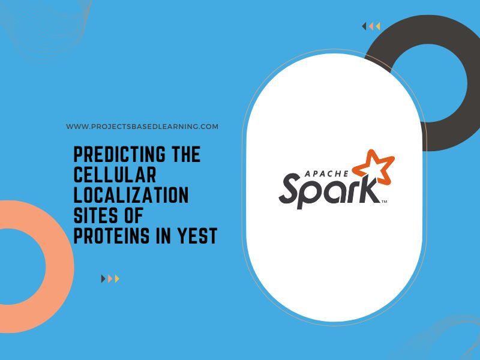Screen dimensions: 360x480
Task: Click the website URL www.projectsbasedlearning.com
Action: pos(142,127)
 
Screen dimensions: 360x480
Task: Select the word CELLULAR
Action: pos(115,175)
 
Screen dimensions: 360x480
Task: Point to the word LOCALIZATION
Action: pos(131,196)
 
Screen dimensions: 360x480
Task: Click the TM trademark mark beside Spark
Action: pos(384,202)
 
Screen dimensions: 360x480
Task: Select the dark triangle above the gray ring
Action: pos(364,26)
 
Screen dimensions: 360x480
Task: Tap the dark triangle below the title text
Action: pos(103,278)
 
